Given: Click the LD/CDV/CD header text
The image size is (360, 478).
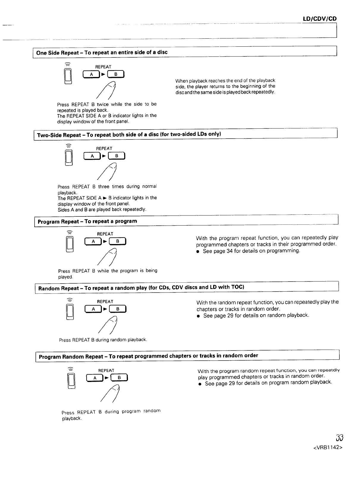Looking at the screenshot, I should point(319,19).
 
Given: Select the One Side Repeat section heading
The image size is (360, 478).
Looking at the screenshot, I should point(102,53).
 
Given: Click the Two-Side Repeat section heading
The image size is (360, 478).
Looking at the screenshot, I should point(129,134).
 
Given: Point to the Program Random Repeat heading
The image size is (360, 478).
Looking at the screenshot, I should point(148,356).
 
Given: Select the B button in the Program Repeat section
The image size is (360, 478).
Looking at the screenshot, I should point(118,241).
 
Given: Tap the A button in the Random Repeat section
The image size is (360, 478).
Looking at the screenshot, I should point(93,309).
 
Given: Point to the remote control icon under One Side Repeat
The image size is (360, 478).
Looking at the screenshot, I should point(68,76).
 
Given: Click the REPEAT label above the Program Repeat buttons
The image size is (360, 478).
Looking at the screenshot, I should point(105,234).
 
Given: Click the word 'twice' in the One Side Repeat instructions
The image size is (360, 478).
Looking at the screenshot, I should point(103,104).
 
